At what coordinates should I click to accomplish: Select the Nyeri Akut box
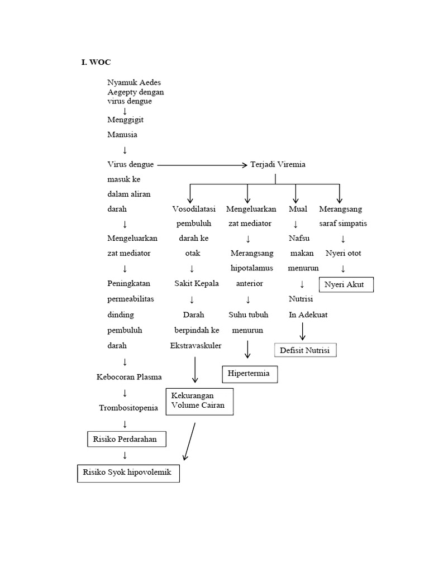click(346, 285)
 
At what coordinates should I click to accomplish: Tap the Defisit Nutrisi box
click(306, 350)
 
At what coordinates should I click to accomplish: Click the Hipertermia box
click(250, 374)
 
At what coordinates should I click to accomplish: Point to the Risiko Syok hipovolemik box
click(128, 473)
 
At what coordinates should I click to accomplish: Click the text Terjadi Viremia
click(278, 165)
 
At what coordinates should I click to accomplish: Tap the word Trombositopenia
click(128, 408)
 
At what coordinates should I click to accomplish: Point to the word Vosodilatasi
click(192, 209)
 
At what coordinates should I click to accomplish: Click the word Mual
click(298, 209)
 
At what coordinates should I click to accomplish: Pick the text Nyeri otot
click(343, 253)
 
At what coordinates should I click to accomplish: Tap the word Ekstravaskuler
click(196, 345)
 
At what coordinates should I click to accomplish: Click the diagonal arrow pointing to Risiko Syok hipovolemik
click(189, 441)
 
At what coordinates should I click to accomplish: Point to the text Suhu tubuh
click(247, 314)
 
